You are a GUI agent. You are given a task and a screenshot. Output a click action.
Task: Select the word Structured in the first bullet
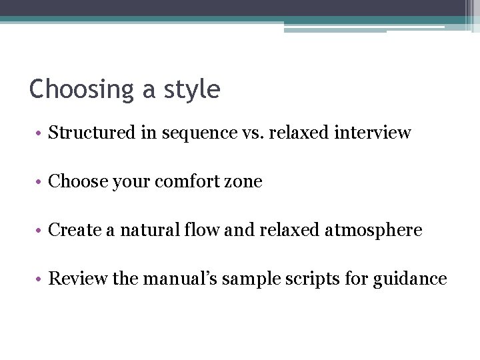click(x=92, y=133)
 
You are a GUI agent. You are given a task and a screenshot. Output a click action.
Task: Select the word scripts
click(x=312, y=279)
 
